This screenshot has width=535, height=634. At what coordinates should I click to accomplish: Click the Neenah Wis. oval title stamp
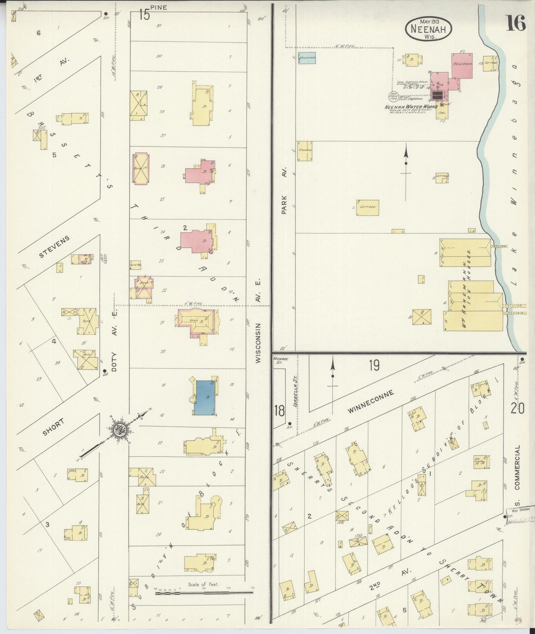(x=429, y=28)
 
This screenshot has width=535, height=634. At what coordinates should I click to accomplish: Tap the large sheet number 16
(x=516, y=24)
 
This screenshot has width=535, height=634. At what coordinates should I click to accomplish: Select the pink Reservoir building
(x=462, y=65)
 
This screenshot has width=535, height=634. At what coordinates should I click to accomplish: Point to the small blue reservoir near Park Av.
(x=307, y=58)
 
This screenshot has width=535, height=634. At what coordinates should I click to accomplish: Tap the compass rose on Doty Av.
(x=121, y=429)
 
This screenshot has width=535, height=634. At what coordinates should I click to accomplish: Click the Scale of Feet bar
(x=204, y=592)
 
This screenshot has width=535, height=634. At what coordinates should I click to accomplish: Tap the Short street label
(x=53, y=427)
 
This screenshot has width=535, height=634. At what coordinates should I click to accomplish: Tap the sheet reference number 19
(x=374, y=365)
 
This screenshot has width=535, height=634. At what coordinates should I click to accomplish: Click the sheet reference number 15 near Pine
(x=144, y=15)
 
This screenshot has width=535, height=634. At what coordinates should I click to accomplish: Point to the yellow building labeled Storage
(x=304, y=151)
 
